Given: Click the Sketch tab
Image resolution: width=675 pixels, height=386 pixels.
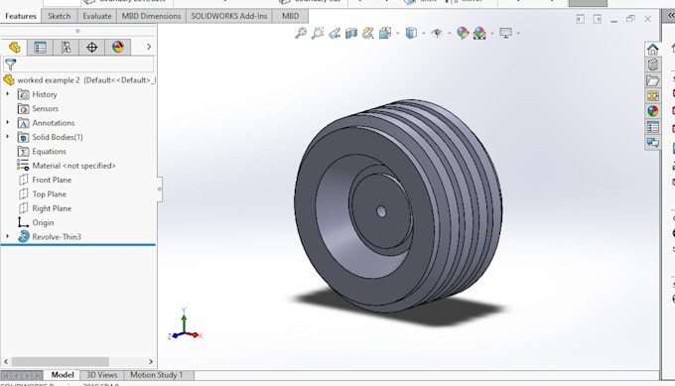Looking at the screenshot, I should click(x=60, y=16).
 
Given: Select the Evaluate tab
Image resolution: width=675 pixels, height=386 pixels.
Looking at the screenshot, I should click(x=97, y=16).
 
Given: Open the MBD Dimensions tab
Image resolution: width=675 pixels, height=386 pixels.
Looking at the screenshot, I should click(x=152, y=16).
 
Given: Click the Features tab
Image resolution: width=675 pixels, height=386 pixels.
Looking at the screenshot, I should click(x=21, y=16).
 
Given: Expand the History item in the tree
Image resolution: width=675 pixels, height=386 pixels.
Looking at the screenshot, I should click(x=45, y=94).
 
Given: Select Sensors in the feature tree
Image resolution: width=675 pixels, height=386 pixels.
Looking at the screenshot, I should click(x=45, y=108).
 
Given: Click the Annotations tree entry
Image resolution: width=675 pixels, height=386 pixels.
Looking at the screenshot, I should click(x=53, y=123).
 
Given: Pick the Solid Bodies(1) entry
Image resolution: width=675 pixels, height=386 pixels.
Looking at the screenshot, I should click(x=57, y=137).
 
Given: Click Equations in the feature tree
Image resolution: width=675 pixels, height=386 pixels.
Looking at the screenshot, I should click(x=49, y=152).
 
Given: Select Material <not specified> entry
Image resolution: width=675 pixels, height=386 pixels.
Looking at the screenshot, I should click(x=73, y=166).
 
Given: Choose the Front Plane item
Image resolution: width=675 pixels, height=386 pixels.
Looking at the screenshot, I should click(x=52, y=180).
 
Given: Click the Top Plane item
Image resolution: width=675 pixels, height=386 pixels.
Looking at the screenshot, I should click(x=49, y=194).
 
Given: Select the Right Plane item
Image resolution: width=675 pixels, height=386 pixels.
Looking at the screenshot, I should click(x=52, y=208).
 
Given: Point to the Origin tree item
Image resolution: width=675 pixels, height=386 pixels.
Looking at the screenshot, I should click(x=43, y=222).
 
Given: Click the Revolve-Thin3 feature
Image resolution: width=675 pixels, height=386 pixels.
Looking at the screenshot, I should click(x=56, y=237).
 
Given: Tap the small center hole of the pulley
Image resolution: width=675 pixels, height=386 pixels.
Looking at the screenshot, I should click(x=382, y=210).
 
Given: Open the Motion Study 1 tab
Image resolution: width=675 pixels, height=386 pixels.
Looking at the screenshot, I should click(x=157, y=375).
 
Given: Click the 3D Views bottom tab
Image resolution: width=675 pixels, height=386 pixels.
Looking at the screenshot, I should click(x=101, y=375).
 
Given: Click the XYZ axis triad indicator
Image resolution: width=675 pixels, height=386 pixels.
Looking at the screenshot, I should click(x=185, y=324).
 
